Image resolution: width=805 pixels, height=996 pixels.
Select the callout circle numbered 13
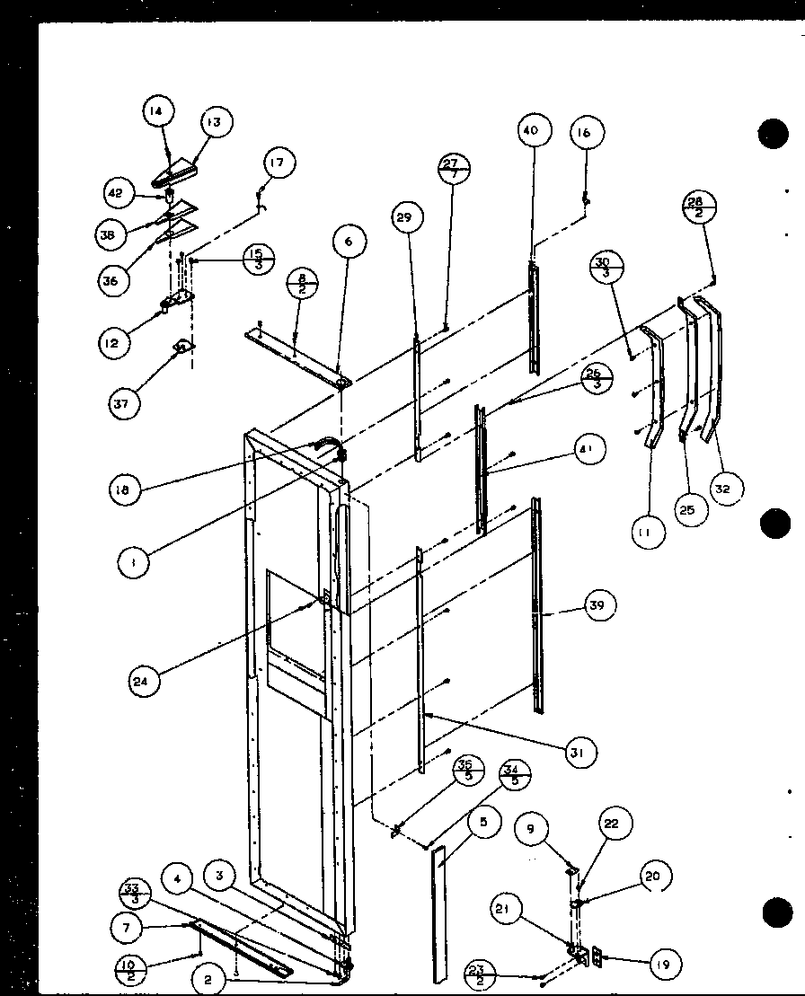(x=215, y=122)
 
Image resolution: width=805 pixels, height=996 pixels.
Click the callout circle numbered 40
(x=531, y=130)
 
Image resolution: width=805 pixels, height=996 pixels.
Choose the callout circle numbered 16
(x=585, y=133)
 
